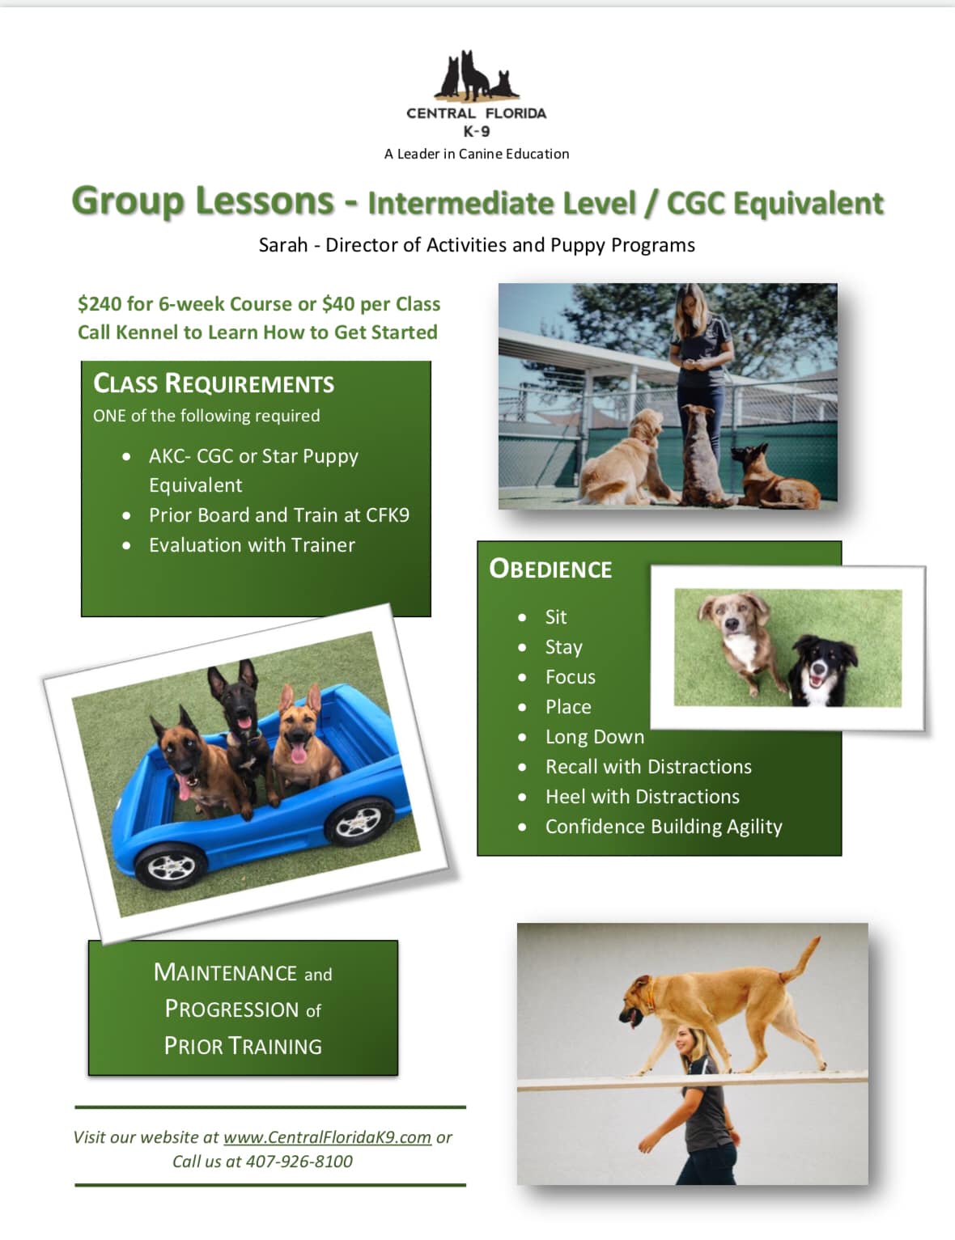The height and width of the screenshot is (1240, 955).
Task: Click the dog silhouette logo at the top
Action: click(476, 75)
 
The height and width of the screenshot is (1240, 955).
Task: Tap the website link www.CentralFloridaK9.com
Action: click(327, 1137)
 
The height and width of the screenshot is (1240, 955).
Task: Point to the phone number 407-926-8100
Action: click(299, 1162)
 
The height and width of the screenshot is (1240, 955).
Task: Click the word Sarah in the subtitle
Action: click(283, 245)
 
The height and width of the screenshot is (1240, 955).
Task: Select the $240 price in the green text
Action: click(99, 304)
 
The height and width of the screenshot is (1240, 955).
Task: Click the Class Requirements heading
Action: click(214, 383)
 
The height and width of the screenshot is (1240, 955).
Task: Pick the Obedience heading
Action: click(550, 569)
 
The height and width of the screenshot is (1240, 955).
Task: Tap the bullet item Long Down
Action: click(595, 737)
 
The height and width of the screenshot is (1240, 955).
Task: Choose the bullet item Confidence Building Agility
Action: click(664, 827)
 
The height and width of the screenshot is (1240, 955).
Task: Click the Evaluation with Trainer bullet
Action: click(252, 545)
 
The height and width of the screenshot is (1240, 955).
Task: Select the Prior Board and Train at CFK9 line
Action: click(279, 514)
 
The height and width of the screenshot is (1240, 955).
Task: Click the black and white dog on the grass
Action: click(822, 671)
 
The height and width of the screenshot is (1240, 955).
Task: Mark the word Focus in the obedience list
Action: click(571, 677)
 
